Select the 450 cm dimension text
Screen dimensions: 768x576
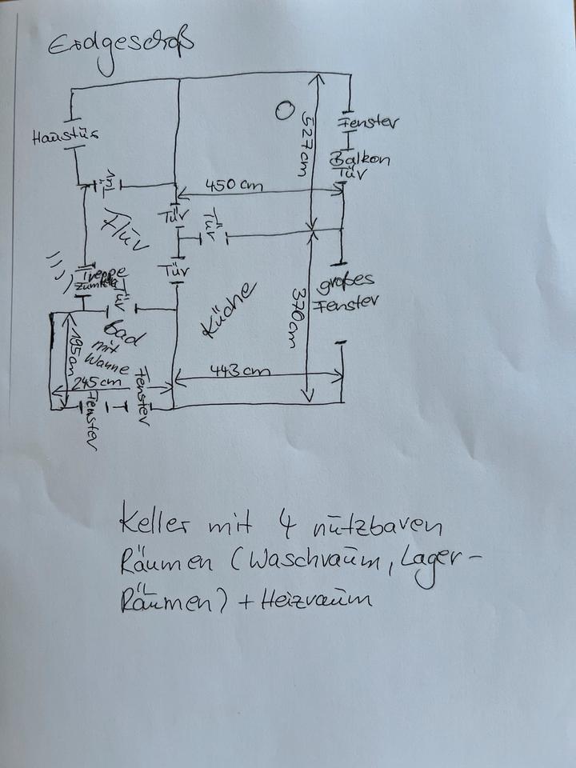tap(234, 185)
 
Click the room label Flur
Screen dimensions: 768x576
tap(125, 232)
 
